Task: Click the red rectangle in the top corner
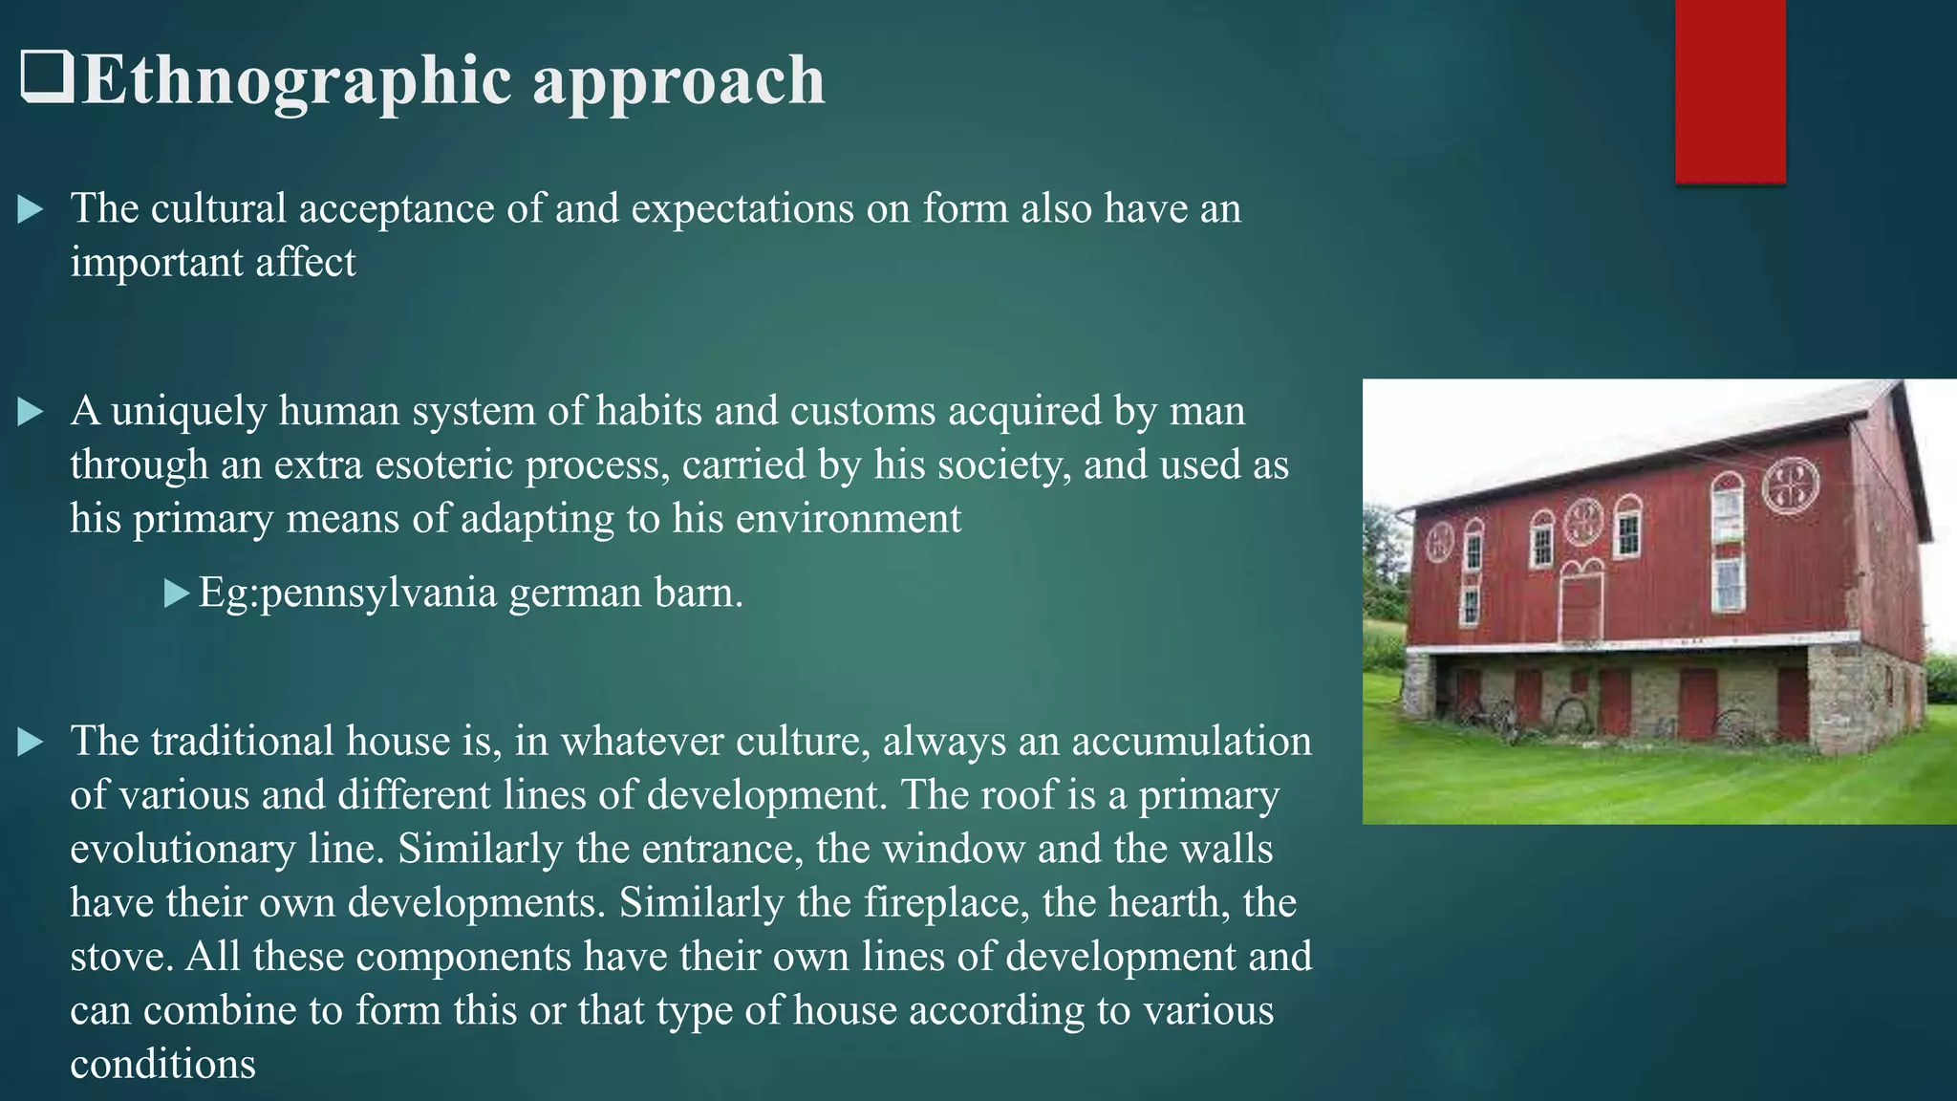tap(1730, 91)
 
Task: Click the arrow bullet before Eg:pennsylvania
tap(176, 594)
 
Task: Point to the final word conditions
tap(162, 1064)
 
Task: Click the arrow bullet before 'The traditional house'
tap(31, 742)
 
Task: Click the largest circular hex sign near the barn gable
tap(1790, 486)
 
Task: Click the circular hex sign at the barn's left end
tap(1439, 543)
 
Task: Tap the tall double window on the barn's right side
tap(1728, 540)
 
